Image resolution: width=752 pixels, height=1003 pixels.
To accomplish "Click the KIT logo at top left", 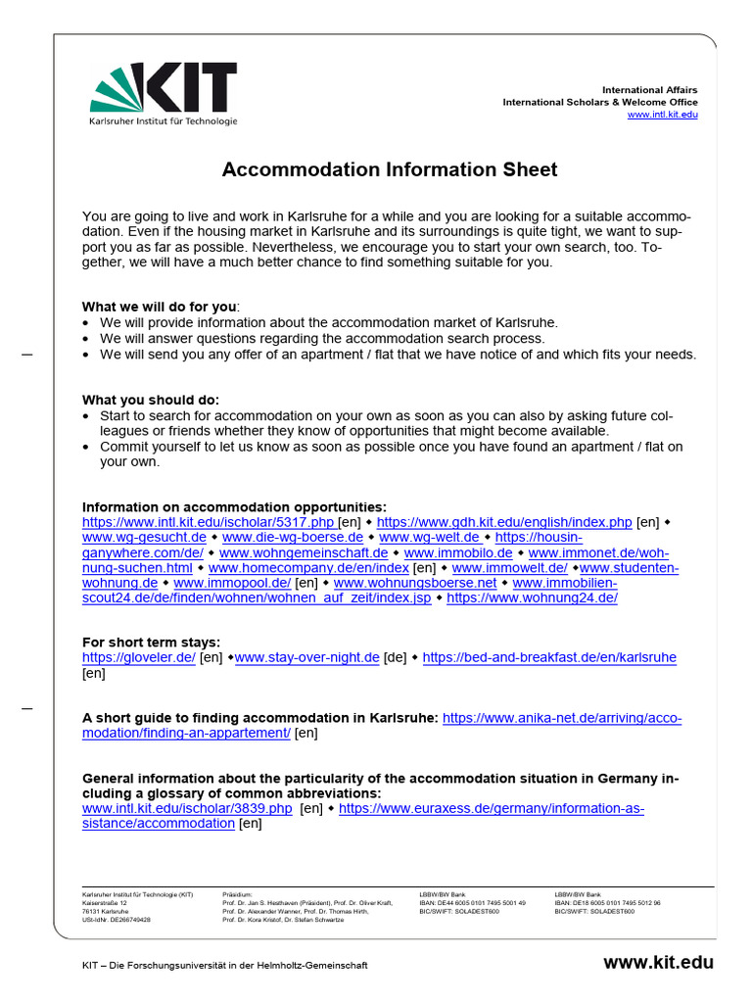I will (x=163, y=94).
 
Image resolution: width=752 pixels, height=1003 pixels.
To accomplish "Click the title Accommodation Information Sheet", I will (x=390, y=169).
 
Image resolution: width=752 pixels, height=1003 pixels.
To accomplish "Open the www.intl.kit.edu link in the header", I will (x=662, y=115).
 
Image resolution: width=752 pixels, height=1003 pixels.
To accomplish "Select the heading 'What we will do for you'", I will (x=160, y=307).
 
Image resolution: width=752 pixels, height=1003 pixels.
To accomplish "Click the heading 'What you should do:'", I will (x=151, y=400).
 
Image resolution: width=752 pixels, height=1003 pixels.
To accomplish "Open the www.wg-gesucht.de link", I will (x=144, y=538).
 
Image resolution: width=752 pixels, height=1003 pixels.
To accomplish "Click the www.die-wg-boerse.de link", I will (x=293, y=538).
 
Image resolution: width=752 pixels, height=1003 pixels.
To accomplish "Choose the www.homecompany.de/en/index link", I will (x=308, y=567).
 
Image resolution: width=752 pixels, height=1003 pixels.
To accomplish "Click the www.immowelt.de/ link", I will (x=509, y=567).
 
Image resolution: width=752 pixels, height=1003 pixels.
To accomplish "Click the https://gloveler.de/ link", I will (x=138, y=657).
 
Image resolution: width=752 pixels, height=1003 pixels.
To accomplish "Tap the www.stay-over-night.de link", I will (x=307, y=657).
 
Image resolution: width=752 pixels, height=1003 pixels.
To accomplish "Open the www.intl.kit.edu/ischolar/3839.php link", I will (x=187, y=809).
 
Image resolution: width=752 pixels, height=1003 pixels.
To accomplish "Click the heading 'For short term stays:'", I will (x=151, y=643).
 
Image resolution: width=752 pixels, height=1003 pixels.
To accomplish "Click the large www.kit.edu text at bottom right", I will (x=659, y=963).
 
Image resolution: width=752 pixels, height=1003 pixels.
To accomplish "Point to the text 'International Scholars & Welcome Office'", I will (x=600, y=102).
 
